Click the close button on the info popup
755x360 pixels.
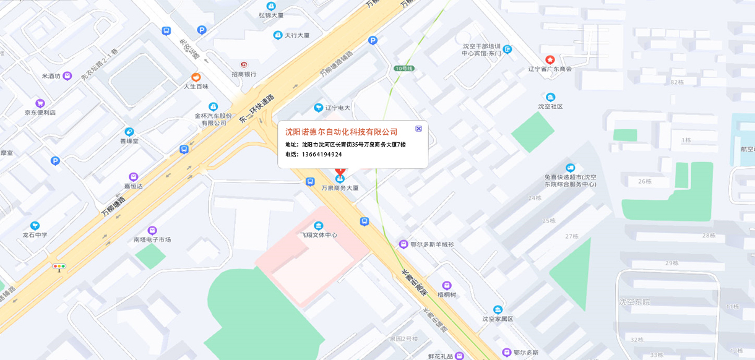click(x=418, y=129)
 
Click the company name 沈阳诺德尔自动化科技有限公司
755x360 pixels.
click(x=341, y=132)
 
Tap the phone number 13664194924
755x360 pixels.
click(x=322, y=155)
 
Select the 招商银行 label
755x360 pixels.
click(x=244, y=74)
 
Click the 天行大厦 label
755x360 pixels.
click(x=296, y=35)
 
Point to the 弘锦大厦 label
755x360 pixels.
click(x=271, y=15)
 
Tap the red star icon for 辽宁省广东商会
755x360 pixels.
click(x=550, y=59)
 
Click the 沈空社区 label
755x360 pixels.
click(x=550, y=106)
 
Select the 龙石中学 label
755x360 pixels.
click(x=35, y=235)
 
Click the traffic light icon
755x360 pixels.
click(x=59, y=267)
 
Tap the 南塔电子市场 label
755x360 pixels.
click(x=152, y=239)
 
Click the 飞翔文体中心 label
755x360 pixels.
click(x=319, y=235)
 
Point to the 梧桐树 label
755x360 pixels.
click(x=447, y=294)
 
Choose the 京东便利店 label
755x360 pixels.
click(x=40, y=113)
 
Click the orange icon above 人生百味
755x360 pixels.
click(x=196, y=77)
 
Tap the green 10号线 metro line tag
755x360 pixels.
click(x=403, y=68)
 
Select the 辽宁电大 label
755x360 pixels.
click(x=337, y=108)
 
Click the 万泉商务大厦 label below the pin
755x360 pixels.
click(x=340, y=187)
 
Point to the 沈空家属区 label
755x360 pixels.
click(x=498, y=319)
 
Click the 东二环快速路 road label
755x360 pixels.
click(x=256, y=110)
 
